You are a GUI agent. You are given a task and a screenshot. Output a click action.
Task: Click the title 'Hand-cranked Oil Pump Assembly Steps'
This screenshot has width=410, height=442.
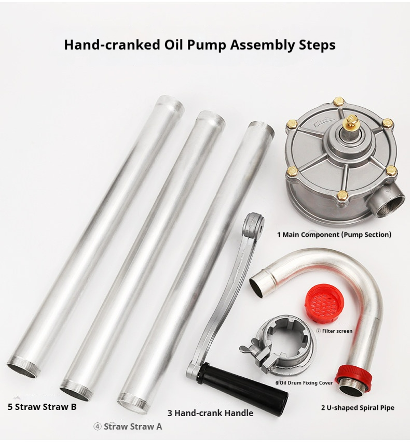pyautogui.click(x=200, y=45)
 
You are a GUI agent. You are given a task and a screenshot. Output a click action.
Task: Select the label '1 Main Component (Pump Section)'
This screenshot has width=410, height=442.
pyautogui.click(x=334, y=235)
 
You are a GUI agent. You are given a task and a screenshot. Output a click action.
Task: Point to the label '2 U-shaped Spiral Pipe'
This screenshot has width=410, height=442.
pyautogui.click(x=358, y=408)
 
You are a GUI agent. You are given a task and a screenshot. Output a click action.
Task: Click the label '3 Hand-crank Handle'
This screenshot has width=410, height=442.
pyautogui.click(x=210, y=414)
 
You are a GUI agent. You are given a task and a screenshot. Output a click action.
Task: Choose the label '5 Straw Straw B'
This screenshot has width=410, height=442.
pyautogui.click(x=42, y=407)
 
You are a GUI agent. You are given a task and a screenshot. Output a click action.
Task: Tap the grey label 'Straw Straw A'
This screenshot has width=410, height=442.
pyautogui.click(x=133, y=426)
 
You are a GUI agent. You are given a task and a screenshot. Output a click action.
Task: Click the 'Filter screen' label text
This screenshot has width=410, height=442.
pyautogui.click(x=337, y=331)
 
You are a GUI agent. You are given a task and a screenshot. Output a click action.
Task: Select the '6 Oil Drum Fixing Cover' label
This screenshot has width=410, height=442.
pyautogui.click(x=304, y=383)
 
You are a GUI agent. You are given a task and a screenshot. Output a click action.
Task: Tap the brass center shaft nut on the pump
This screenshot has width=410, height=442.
pyautogui.click(x=351, y=121)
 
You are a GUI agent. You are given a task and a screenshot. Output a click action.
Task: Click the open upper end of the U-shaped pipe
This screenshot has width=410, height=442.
pyautogui.click(x=258, y=284)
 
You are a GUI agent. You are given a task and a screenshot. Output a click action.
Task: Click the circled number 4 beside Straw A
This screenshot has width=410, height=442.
pyautogui.click(x=97, y=427)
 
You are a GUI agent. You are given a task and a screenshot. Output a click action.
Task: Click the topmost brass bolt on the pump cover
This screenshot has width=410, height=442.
pyautogui.click(x=338, y=102)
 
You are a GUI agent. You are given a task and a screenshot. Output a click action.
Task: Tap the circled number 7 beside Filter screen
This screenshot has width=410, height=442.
pyautogui.click(x=318, y=331)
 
